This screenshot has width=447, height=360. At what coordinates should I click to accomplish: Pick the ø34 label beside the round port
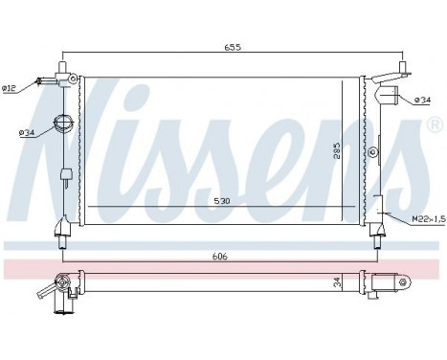27,132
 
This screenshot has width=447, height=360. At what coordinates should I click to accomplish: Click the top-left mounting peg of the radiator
62,68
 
